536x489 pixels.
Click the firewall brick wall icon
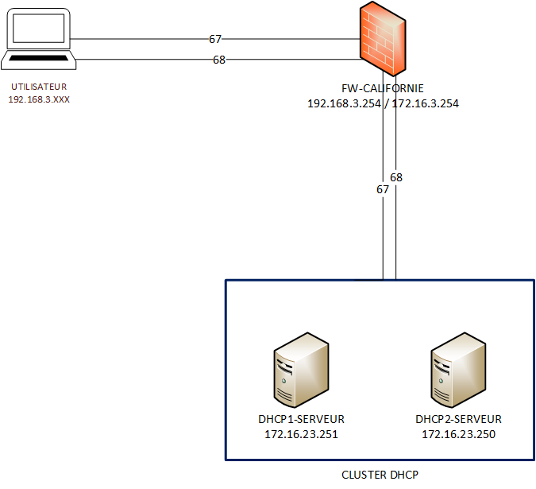coord(382,39)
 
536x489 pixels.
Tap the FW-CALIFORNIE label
coord(383,88)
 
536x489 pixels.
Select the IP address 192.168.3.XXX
coord(39,100)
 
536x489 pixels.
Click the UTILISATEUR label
coord(39,87)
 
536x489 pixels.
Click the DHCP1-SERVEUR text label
coord(301,419)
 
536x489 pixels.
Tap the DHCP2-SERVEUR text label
coord(458,419)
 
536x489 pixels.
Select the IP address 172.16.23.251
coord(301,434)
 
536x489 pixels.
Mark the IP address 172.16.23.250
coord(458,434)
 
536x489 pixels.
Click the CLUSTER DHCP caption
coord(380,475)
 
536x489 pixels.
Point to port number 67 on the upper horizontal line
coord(216,38)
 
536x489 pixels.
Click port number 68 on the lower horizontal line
coord(219,60)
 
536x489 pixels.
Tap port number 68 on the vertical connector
coord(396,177)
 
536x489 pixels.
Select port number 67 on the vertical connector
coord(383,189)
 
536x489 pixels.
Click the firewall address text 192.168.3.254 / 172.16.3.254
coord(383,103)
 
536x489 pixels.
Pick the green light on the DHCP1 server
coord(283,382)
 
